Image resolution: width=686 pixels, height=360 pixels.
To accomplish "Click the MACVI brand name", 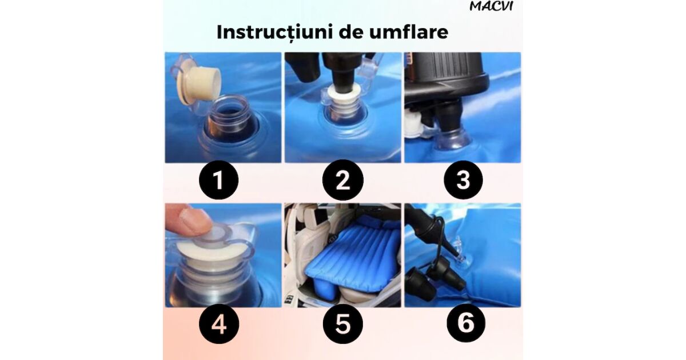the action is point(491,6).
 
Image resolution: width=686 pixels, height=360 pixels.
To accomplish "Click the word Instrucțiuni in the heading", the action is point(275,33).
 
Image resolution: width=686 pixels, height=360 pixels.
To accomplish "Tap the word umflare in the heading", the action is point(409,32).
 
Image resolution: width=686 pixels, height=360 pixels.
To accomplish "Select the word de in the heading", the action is point(351,32).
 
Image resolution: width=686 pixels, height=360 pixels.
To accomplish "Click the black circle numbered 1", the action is point(218,180).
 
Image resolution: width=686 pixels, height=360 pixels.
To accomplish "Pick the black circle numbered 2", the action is point(343,180).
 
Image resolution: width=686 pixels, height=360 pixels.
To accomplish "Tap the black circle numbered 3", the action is point(463,180).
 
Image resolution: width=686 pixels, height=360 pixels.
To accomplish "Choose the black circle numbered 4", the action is point(218,324).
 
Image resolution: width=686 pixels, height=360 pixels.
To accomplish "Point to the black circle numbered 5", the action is point(343,324).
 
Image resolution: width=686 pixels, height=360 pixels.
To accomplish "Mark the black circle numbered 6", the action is point(466,323).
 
